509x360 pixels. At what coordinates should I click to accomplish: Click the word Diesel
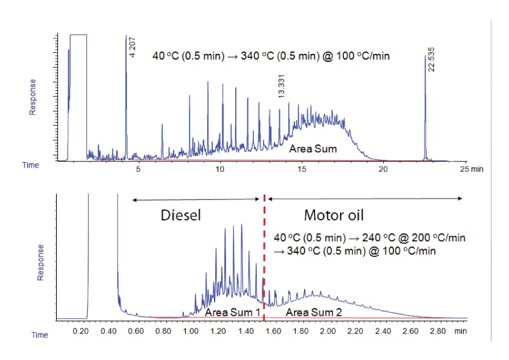point(180,215)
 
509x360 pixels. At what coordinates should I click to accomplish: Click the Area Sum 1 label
point(233,312)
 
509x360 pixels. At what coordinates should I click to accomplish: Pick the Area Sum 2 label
point(311,312)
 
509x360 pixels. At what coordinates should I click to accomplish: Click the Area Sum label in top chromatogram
point(313,148)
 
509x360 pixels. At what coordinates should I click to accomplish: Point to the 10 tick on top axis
point(220,170)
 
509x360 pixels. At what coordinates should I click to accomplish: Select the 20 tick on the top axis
point(383,170)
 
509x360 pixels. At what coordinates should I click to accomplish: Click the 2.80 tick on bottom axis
point(436,332)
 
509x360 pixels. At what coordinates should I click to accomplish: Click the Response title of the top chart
point(33,97)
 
